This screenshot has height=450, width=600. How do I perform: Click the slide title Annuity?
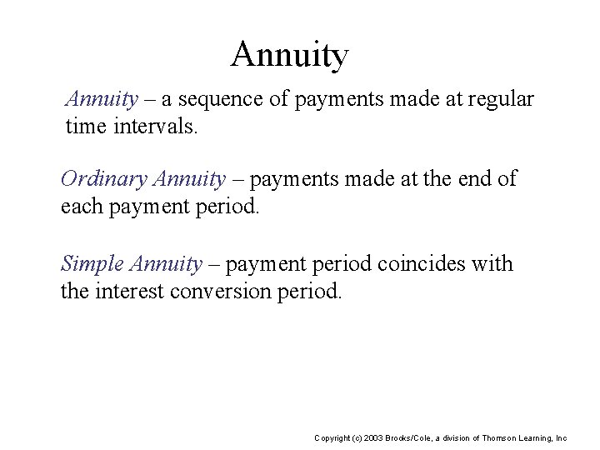pyautogui.click(x=289, y=56)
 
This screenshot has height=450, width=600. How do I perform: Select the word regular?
pyautogui.click(x=503, y=100)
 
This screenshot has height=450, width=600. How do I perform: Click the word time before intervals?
pyautogui.click(x=82, y=127)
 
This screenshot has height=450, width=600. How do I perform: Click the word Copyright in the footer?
pyautogui.click(x=332, y=437)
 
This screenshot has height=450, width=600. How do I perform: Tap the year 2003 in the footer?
pyautogui.click(x=372, y=437)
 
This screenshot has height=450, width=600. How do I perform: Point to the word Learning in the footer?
pyautogui.click(x=537, y=437)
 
